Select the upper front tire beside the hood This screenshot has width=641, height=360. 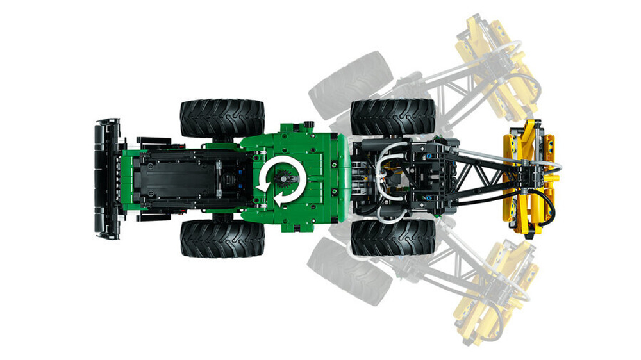(222, 117)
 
